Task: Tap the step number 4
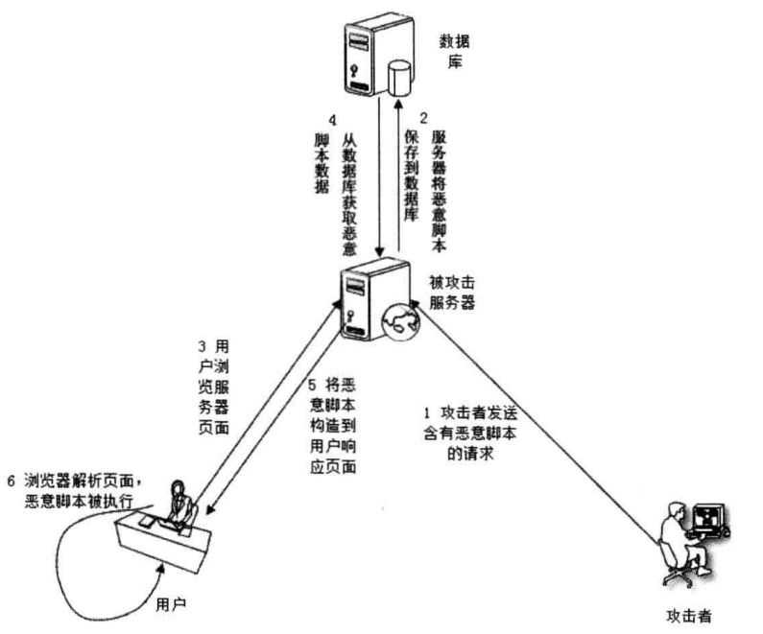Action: pyautogui.click(x=331, y=122)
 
